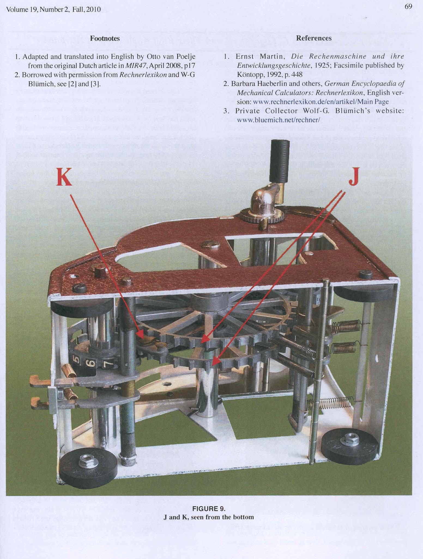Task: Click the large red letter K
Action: (64, 177)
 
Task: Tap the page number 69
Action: (408, 7)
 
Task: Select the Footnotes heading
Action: (105, 38)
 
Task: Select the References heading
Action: (314, 38)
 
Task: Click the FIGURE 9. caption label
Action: (209, 509)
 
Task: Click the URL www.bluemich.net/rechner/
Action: (278, 120)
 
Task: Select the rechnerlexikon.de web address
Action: (321, 102)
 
